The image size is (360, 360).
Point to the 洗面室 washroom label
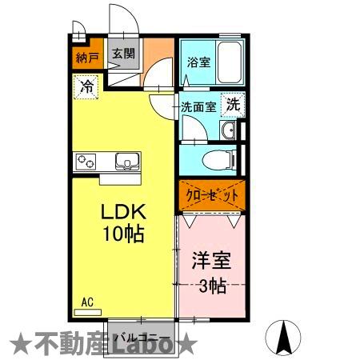point(197,106)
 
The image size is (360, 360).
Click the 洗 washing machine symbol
point(232,103)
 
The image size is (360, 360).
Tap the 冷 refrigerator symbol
point(86,86)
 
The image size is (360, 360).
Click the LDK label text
point(122,214)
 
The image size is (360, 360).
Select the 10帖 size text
point(122,234)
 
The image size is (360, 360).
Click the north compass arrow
point(282,336)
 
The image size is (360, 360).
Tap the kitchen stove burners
point(86,162)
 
